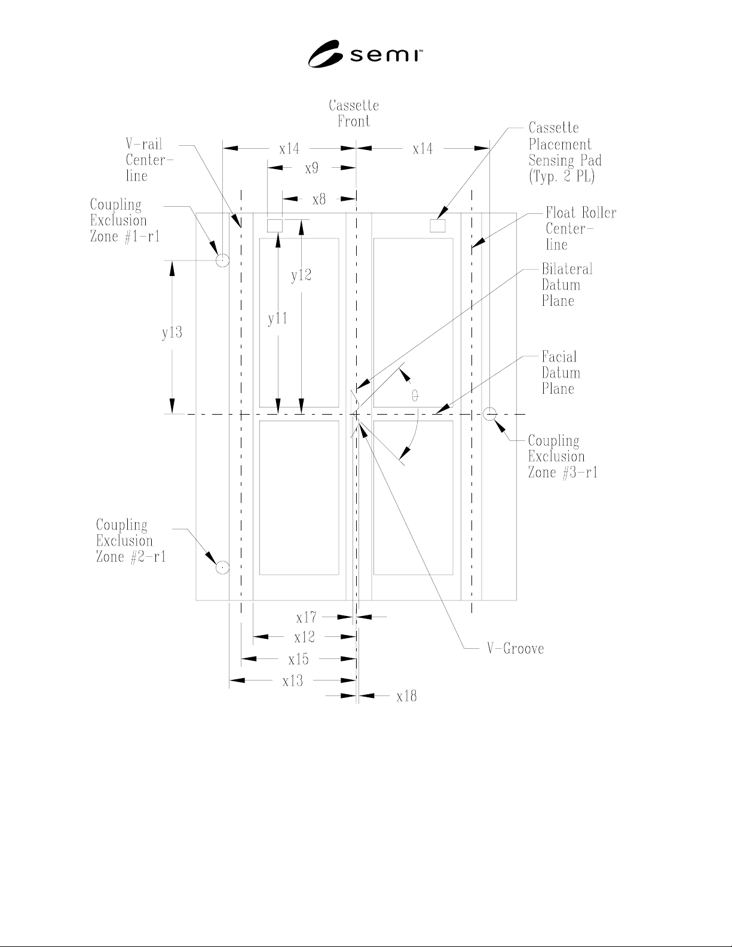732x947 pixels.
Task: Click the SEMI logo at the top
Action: [x=365, y=54]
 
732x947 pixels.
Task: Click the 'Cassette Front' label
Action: [x=354, y=114]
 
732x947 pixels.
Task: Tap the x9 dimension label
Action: [x=311, y=168]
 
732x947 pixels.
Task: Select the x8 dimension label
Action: [x=319, y=200]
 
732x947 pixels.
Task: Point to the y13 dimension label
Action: [x=172, y=333]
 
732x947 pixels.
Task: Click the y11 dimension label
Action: [x=277, y=318]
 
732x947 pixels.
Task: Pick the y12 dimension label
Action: [x=301, y=275]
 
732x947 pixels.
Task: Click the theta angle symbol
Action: [x=415, y=396]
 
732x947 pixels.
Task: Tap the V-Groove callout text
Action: [x=516, y=648]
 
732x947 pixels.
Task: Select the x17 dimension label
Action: [x=307, y=618]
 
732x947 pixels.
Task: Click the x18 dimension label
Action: [x=406, y=697]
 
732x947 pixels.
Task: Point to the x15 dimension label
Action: [x=298, y=660]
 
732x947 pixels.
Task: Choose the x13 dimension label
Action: [x=292, y=681]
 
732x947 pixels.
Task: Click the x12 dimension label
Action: [x=304, y=638]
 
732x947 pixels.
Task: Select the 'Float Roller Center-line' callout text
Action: [x=581, y=228]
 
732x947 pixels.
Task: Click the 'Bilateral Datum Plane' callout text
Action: [x=567, y=284]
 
